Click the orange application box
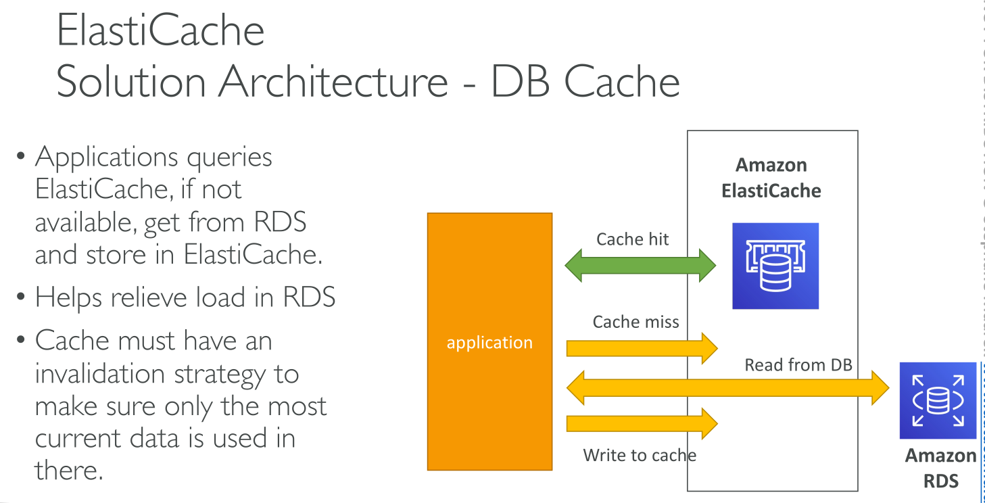(489, 341)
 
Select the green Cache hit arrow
(640, 264)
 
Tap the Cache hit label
(632, 239)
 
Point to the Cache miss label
(635, 322)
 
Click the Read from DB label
(798, 366)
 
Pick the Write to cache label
(640, 455)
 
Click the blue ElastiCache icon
(775, 266)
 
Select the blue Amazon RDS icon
(938, 401)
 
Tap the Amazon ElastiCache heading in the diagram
(771, 178)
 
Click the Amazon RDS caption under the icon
(940, 468)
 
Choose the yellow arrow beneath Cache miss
(641, 348)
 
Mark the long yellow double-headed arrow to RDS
(727, 387)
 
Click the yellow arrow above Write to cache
(641, 424)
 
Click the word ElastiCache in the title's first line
(160, 30)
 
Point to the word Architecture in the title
(333, 82)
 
